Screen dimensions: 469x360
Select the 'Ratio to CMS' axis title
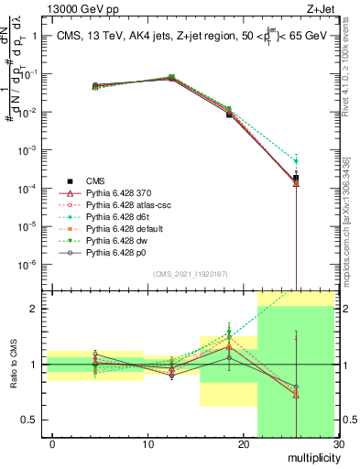pos(12,366)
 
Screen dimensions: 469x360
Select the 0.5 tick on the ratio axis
pos(27,420)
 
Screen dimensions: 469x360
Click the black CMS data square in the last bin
pos(296,178)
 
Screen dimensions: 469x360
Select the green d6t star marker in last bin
pos(296,161)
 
